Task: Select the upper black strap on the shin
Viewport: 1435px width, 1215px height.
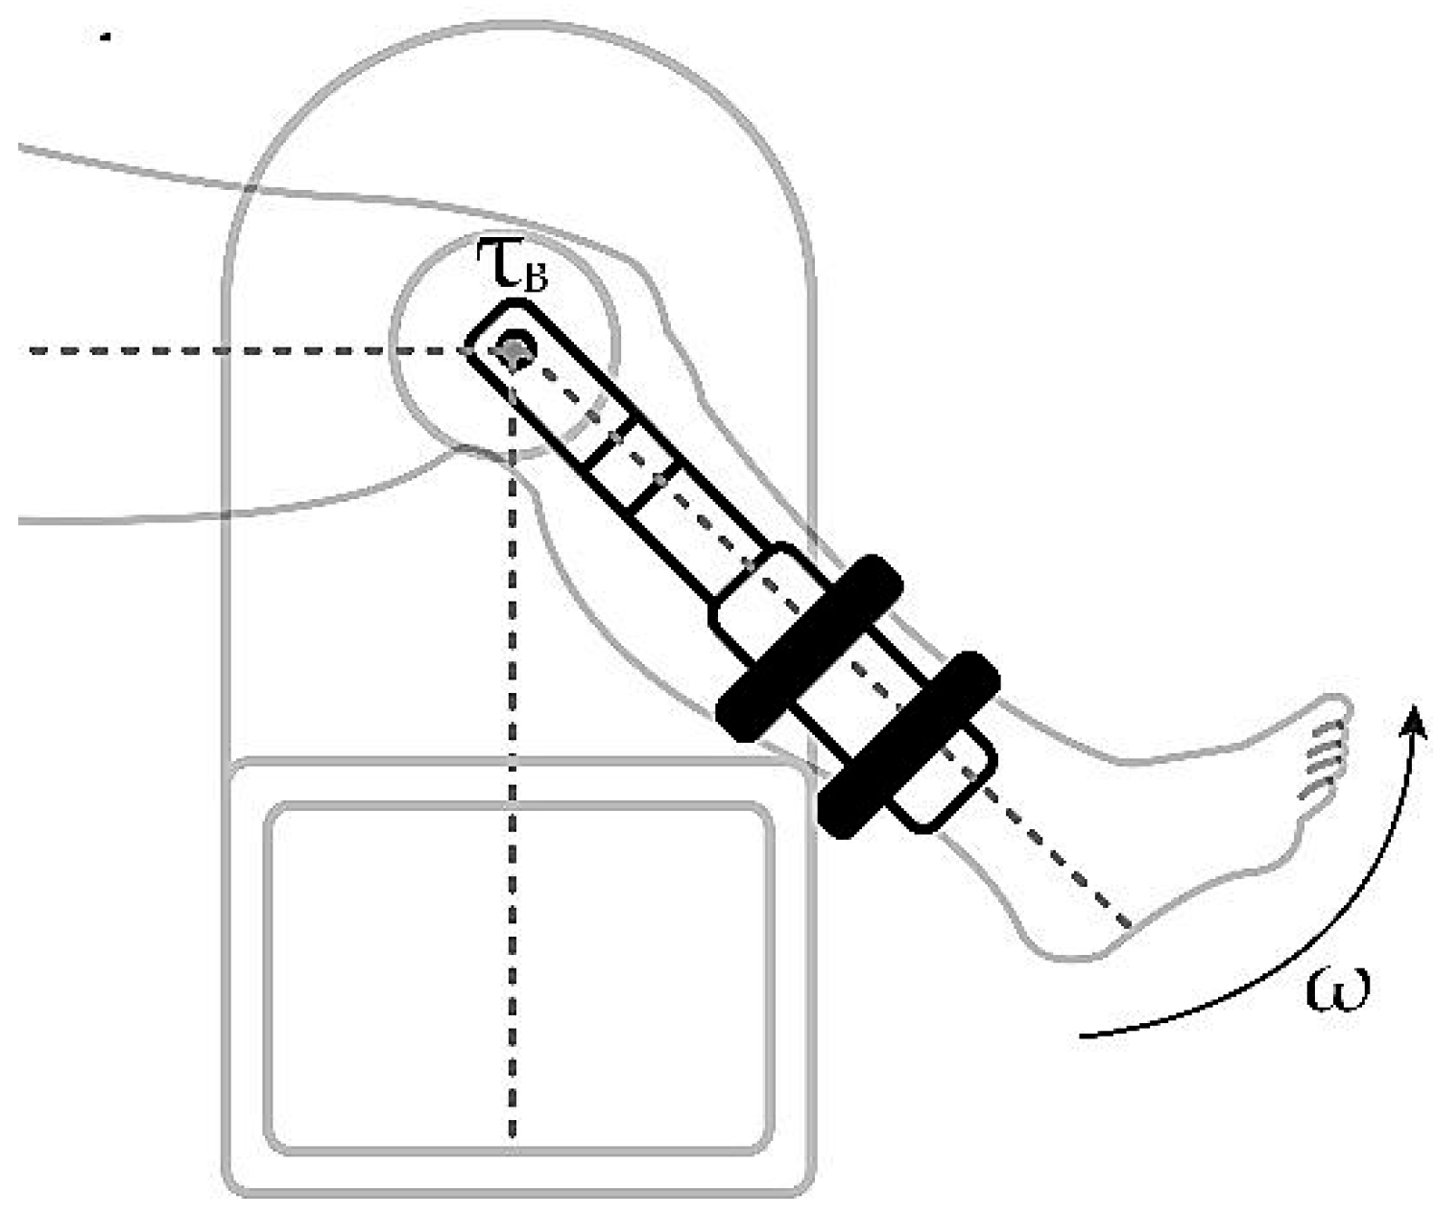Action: point(811,648)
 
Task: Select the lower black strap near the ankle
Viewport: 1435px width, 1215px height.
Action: point(908,745)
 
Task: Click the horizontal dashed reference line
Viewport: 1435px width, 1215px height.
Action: point(240,350)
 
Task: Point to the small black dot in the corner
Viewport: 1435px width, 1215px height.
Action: point(106,38)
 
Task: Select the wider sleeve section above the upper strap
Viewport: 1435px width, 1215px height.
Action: point(763,600)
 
